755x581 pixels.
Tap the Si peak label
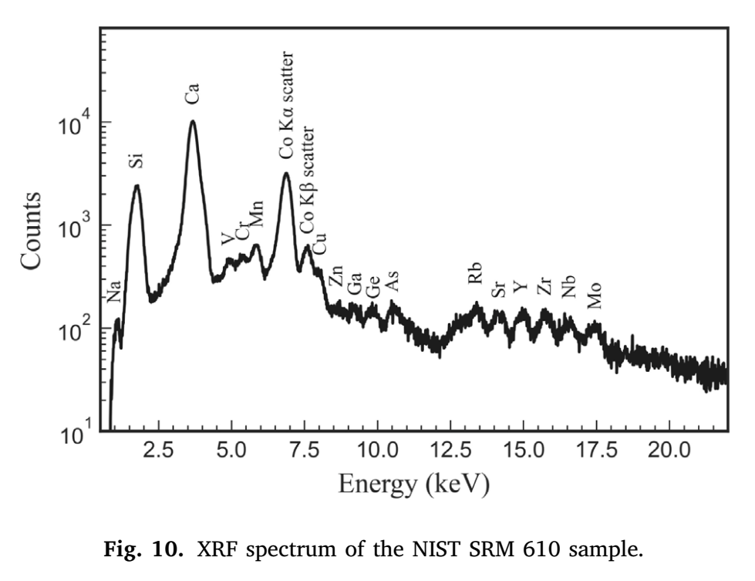click(x=136, y=160)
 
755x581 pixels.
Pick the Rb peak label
click(x=475, y=272)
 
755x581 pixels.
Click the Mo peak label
click(x=595, y=296)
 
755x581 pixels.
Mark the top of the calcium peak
click(x=193, y=121)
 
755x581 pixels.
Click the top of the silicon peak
click(x=137, y=185)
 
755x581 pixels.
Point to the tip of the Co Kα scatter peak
click(x=286, y=173)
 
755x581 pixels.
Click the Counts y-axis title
click(x=33, y=231)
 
